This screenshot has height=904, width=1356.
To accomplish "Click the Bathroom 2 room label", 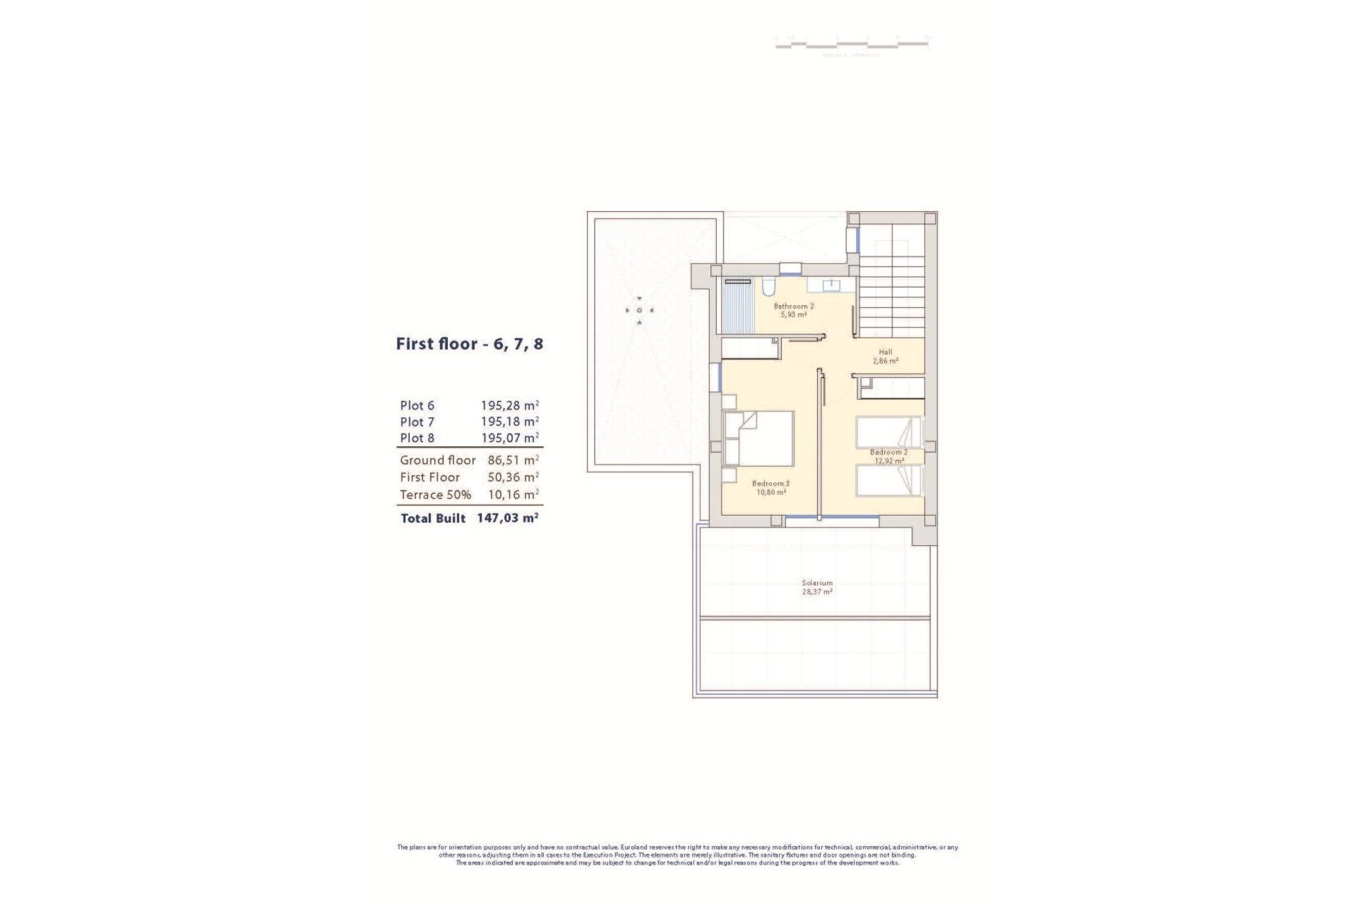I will pos(793,307).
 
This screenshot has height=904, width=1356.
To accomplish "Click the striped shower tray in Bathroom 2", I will pos(739,310).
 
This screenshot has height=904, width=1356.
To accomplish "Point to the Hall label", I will pos(885,352).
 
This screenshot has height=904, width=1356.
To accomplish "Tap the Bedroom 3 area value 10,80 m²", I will pos(771,492).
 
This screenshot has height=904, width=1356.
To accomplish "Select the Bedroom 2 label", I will pos(888,452).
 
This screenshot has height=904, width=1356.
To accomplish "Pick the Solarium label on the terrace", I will pos(816,583).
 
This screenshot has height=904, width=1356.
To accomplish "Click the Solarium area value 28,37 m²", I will pos(816,592).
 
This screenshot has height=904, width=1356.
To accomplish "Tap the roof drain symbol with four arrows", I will pos(639,310).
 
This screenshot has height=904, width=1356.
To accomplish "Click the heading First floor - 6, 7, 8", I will pos(469,345).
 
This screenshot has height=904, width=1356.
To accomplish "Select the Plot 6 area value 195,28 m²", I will pos(509,405).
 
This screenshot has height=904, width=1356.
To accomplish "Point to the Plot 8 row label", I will pos(417,438).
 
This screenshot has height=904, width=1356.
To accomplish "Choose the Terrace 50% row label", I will pos(435,494).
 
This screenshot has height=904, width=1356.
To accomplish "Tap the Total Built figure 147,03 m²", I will pos(507,518).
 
